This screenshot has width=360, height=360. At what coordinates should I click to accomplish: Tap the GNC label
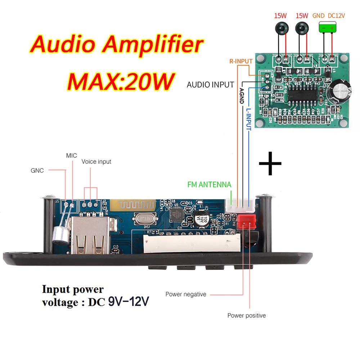click(37, 171)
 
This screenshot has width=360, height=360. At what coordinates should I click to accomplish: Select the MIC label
click(71, 156)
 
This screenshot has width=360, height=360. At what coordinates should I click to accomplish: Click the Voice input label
click(96, 162)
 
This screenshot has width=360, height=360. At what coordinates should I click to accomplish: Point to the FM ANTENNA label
click(209, 185)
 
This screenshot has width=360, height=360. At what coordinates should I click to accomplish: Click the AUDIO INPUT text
click(210, 85)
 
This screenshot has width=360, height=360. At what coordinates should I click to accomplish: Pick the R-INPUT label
click(241, 61)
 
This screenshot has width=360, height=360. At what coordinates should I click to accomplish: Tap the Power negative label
click(186, 294)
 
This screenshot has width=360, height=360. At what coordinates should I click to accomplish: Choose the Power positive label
click(246, 316)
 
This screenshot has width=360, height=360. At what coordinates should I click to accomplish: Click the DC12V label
click(337, 16)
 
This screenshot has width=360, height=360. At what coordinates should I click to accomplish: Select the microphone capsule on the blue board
click(57, 235)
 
